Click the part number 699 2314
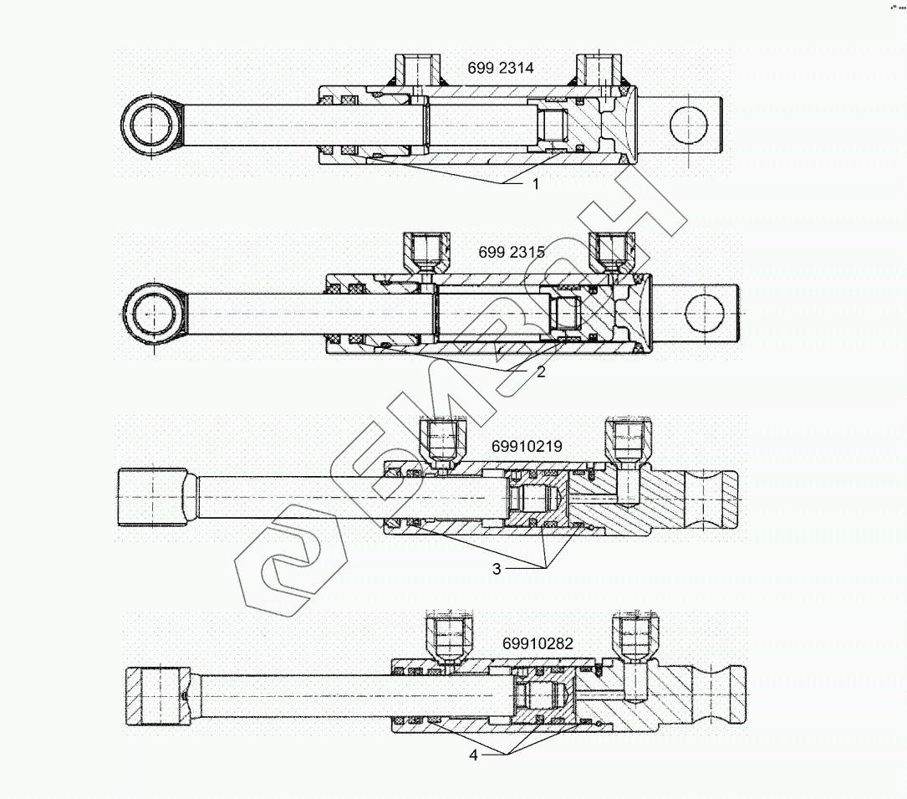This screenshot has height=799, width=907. pyautogui.click(x=500, y=68)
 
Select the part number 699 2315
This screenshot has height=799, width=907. pyautogui.click(x=512, y=252)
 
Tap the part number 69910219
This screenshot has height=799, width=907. pyautogui.click(x=527, y=447)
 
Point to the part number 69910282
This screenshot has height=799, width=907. pyautogui.click(x=538, y=643)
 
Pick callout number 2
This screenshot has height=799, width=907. pyautogui.click(x=541, y=371)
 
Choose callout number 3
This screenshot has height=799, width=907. pyautogui.click(x=497, y=569)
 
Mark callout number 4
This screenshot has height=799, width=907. pyautogui.click(x=473, y=755)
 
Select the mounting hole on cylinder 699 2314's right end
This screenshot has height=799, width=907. pyautogui.click(x=688, y=125)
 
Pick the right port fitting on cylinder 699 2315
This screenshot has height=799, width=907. pyautogui.click(x=609, y=250)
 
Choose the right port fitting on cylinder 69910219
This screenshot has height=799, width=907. pyautogui.click(x=624, y=441)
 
